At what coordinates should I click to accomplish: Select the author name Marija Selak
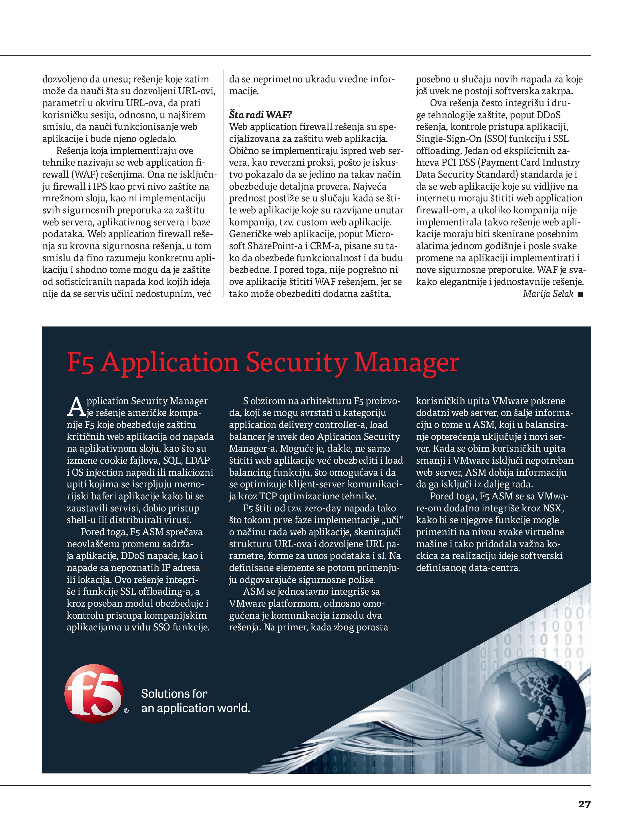(548, 294)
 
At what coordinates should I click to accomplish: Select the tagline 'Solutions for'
(174, 694)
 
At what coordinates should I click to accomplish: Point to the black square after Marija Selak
(580, 294)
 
